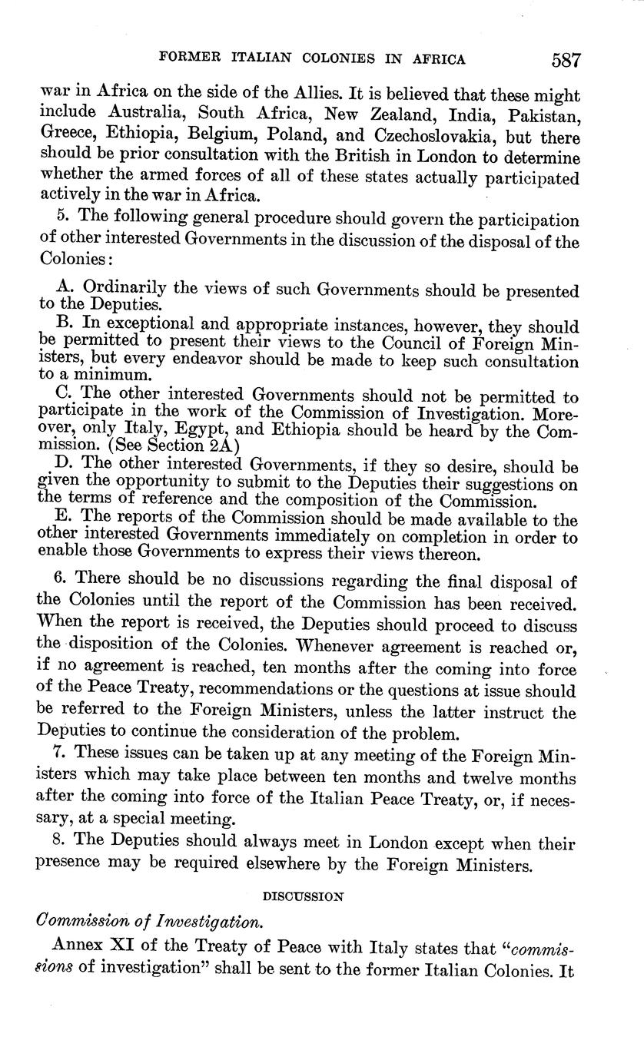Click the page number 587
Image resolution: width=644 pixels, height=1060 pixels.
(x=566, y=59)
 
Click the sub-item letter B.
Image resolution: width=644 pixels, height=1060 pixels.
(x=63, y=326)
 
